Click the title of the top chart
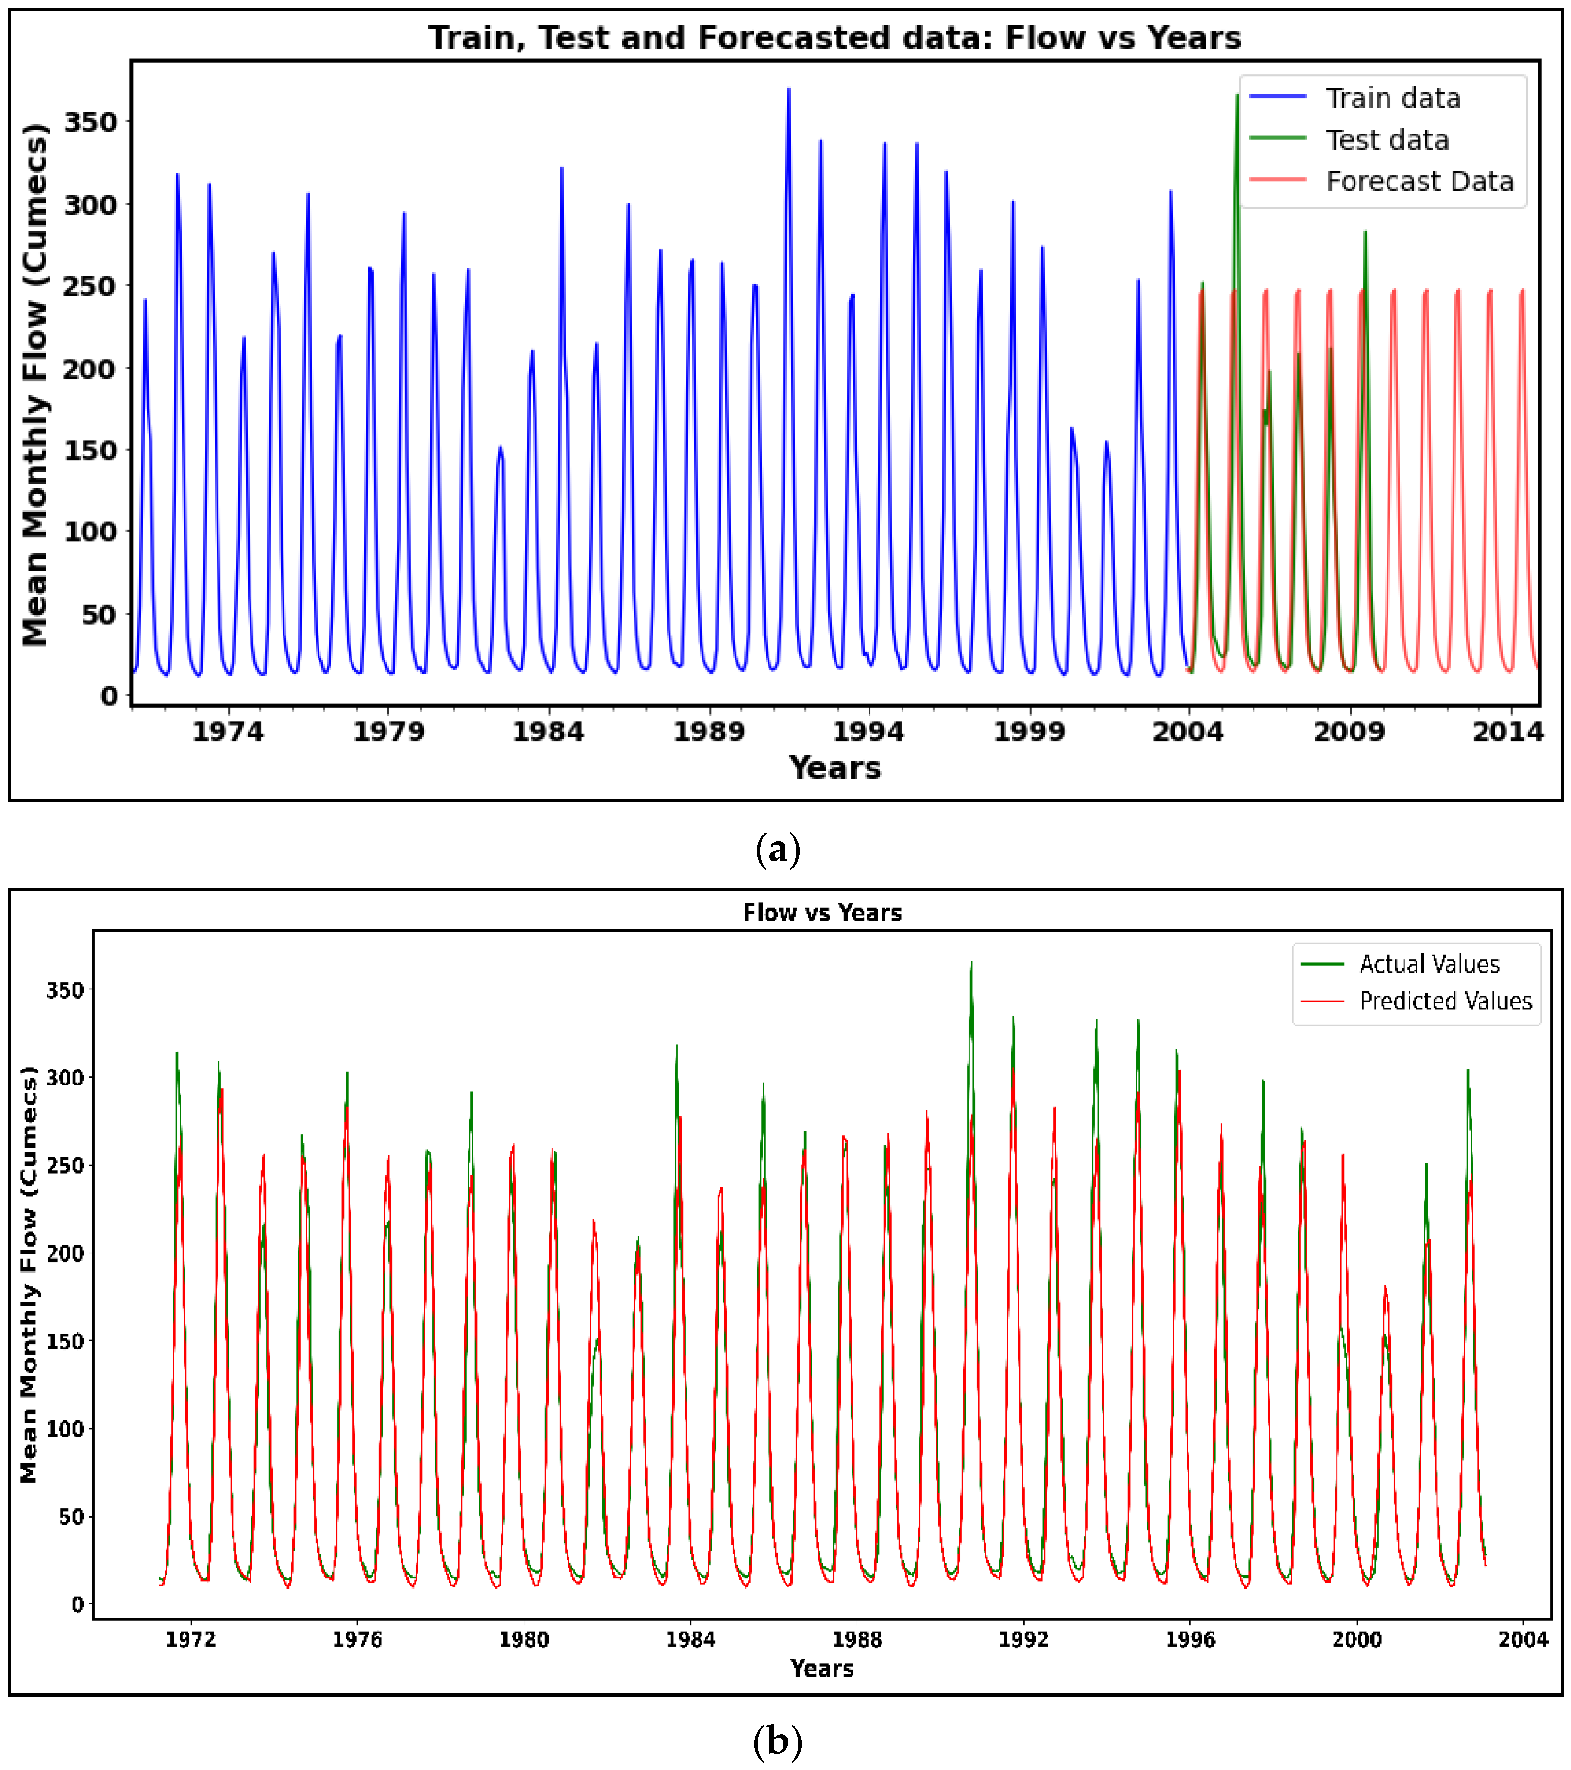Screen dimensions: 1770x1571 tap(834, 38)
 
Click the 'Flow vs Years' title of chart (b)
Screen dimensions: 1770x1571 tap(822, 913)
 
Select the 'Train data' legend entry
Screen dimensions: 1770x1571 tap(1392, 99)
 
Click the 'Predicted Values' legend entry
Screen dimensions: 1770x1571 tap(1445, 1001)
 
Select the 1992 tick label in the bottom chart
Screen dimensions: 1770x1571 tap(1024, 1639)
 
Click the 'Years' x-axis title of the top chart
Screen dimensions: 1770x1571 tap(834, 768)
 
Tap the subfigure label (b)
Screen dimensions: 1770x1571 tap(778, 1740)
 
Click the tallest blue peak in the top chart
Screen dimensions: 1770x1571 tap(788, 90)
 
